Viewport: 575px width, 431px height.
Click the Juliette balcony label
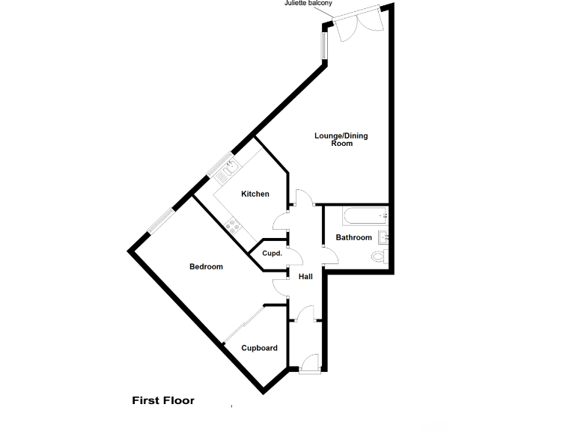point(308,4)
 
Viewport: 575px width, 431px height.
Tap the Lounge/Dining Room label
point(341,139)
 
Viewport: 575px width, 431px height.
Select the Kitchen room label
point(255,195)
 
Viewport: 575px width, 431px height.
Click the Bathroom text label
point(353,238)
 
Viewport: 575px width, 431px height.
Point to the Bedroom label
point(206,267)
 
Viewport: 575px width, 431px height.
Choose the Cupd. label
point(272,254)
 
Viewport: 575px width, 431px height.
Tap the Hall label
point(305,277)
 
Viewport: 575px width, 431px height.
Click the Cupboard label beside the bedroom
point(259,348)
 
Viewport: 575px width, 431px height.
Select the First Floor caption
point(163,400)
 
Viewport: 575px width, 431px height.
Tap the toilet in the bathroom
point(380,257)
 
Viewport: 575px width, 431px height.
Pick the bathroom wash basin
point(384,239)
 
